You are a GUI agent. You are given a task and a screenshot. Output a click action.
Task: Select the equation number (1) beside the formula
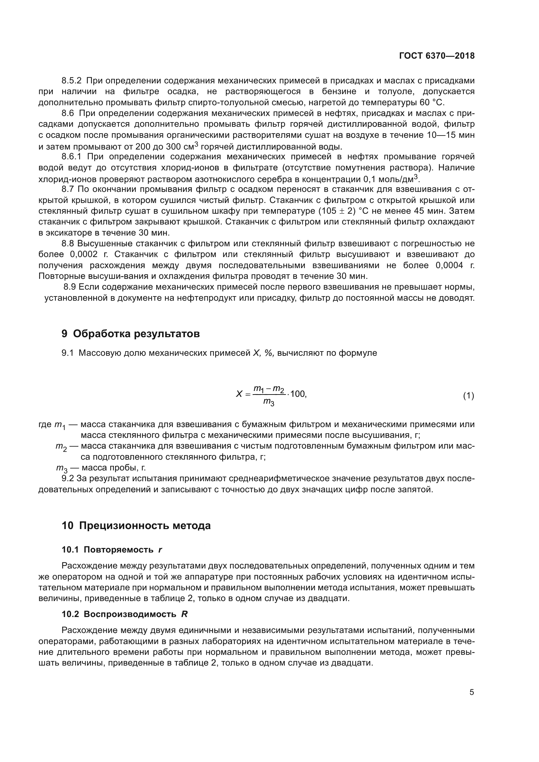click(x=468, y=395)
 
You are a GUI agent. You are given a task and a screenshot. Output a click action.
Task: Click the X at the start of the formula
click(x=239, y=394)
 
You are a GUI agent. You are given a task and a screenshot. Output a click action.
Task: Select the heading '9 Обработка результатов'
click(x=130, y=334)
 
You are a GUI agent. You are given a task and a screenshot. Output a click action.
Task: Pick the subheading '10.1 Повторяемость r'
click(x=112, y=550)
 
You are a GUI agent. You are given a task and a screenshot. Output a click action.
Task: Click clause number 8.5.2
click(x=71, y=81)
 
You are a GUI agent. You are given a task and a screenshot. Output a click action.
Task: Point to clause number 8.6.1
click(x=71, y=157)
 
